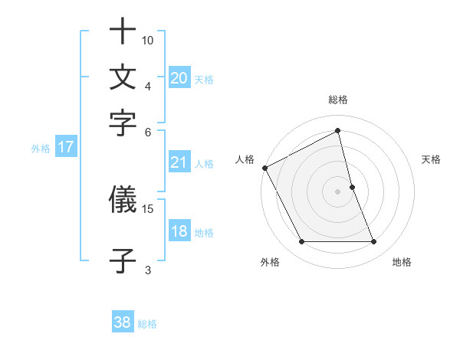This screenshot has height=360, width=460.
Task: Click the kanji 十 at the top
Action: click(123, 34)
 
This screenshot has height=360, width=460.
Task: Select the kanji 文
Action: click(123, 78)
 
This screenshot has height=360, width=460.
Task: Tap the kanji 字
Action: click(123, 123)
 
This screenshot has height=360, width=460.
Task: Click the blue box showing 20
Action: click(179, 78)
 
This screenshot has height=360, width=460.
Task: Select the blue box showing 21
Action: click(179, 162)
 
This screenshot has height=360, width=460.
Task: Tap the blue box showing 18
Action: click(179, 232)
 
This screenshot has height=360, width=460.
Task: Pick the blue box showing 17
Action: click(65, 148)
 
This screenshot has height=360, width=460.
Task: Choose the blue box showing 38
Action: click(122, 323)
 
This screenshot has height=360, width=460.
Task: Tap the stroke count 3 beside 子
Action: click(148, 269)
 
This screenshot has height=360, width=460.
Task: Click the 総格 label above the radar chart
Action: click(338, 100)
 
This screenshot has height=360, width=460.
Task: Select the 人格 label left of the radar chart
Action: click(245, 159)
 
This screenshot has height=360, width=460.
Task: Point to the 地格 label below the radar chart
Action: click(402, 262)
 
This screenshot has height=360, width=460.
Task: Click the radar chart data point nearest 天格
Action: click(352, 186)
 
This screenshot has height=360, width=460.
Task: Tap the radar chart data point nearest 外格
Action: click(301, 242)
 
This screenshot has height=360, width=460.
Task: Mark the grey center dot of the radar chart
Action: click(338, 191)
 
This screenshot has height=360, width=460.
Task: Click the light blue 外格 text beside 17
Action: click(41, 149)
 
